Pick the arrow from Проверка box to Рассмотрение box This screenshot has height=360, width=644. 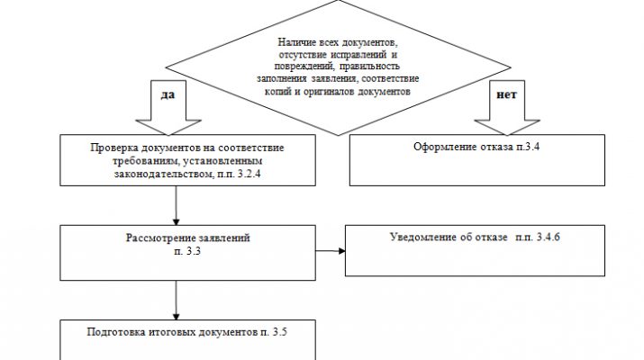pos(176,206)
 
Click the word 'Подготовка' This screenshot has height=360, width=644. pos(118,330)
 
